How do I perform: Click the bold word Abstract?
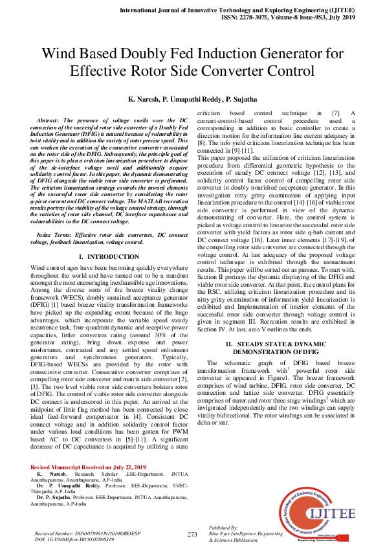pos(50,120)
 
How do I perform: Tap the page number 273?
pos(192,534)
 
